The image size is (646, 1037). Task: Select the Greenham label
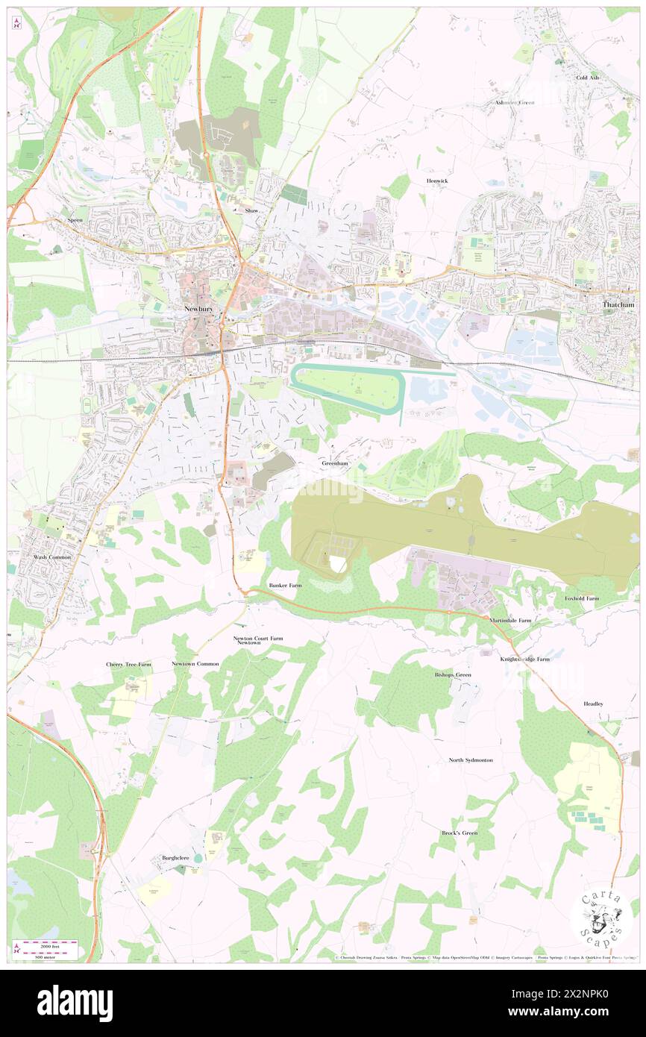point(335,463)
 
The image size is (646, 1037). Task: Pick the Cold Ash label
point(587,78)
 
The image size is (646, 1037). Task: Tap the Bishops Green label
point(453,674)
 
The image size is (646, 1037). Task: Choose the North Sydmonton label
point(471,759)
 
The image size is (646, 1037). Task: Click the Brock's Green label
point(459,833)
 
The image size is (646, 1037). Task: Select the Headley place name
point(594,704)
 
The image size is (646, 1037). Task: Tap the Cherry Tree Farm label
point(128,664)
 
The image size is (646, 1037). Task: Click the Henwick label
point(436,181)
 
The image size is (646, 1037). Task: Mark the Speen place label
point(76,220)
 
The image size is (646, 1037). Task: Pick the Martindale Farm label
point(511,620)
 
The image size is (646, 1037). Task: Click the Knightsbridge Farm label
point(524,659)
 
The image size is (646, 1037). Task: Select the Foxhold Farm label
point(582,598)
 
